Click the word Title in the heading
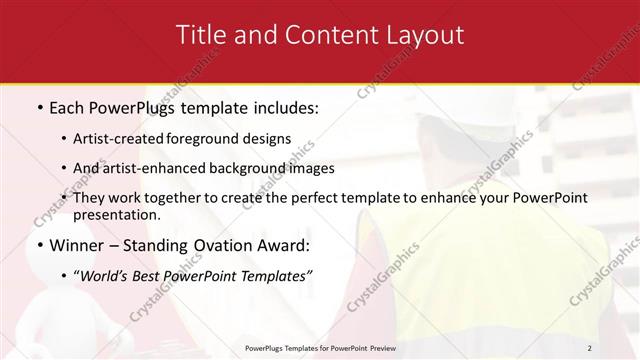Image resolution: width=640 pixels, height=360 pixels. tap(201, 35)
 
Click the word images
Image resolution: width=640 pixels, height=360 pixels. tap(307, 169)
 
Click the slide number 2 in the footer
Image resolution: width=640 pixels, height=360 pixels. tap(590, 348)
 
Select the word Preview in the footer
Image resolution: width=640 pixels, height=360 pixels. tap(379, 348)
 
